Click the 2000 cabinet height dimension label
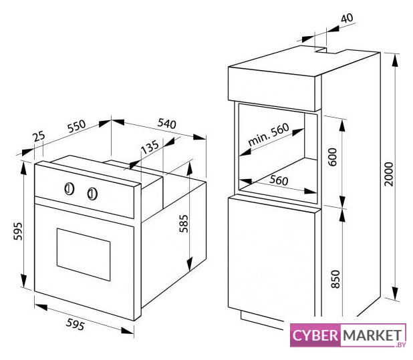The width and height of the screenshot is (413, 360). pyautogui.click(x=388, y=174)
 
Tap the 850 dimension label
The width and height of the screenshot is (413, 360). pyautogui.click(x=335, y=279)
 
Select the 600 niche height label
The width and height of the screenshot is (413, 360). pyautogui.click(x=333, y=157)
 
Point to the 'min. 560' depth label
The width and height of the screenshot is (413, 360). pyautogui.click(x=269, y=134)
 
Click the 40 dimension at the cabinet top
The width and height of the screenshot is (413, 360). pyautogui.click(x=347, y=18)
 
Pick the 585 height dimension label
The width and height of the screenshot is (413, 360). pyautogui.click(x=184, y=224)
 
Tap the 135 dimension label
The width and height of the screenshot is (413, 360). pyautogui.click(x=150, y=147)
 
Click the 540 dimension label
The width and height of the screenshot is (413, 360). pyautogui.click(x=166, y=124)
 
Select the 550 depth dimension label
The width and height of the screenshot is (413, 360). pyautogui.click(x=76, y=126)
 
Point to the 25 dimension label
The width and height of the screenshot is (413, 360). pyautogui.click(x=39, y=136)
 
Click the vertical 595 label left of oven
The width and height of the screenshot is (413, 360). pyautogui.click(x=18, y=231)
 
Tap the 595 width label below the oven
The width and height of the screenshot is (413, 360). pyautogui.click(x=76, y=324)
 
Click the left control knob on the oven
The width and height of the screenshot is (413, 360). pyautogui.click(x=70, y=189)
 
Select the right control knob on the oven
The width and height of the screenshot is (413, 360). pyautogui.click(x=92, y=194)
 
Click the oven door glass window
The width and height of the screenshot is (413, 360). pyautogui.click(x=84, y=254)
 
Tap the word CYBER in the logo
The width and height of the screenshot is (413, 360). pyautogui.click(x=315, y=335)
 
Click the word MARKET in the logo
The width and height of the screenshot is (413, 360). pyautogui.click(x=372, y=335)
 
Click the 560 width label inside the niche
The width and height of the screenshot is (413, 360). pyautogui.click(x=279, y=180)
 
